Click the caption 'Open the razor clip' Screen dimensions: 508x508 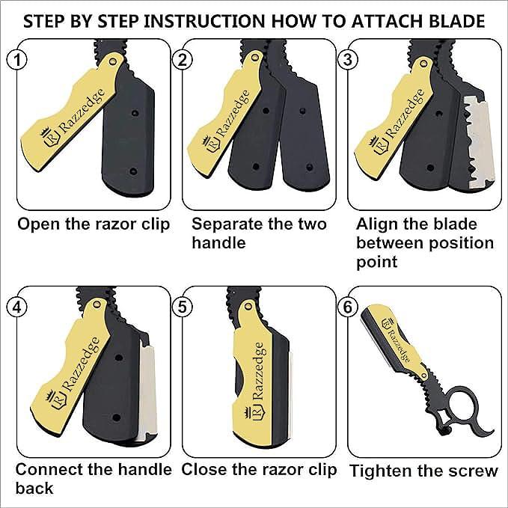click(93, 224)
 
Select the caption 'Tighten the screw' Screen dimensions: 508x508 click(423, 471)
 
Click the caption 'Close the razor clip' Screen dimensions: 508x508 click(259, 470)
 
